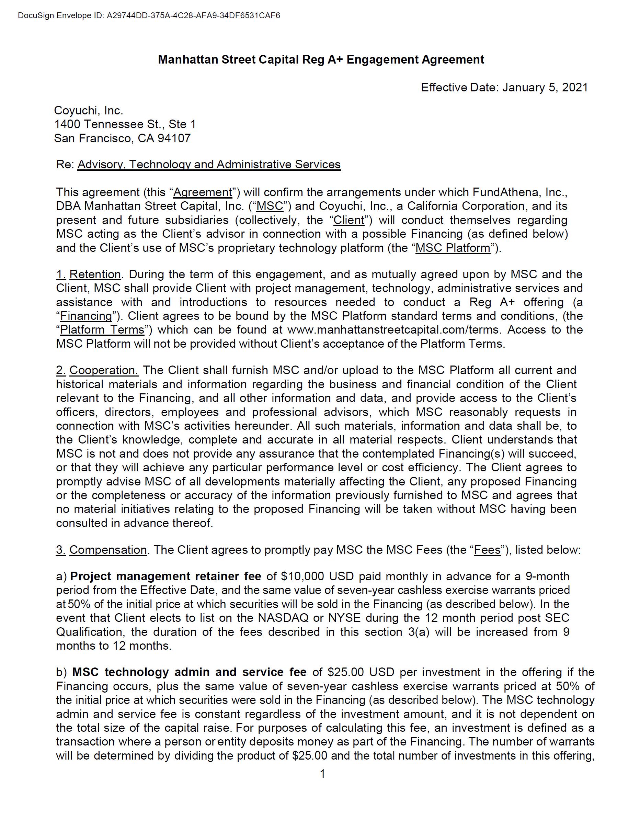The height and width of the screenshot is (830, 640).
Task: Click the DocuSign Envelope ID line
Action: tap(149, 15)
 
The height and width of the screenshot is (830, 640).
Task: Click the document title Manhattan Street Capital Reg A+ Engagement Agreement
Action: tap(321, 60)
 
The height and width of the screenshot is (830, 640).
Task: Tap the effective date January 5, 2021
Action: tap(545, 87)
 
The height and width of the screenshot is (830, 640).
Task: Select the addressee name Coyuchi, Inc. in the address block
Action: tap(89, 111)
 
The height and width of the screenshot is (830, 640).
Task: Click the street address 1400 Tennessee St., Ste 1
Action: tap(125, 124)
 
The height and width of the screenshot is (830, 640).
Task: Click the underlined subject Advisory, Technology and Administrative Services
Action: tap(209, 165)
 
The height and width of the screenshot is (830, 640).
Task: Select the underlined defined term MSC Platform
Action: tap(453, 248)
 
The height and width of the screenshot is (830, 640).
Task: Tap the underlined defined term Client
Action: tap(349, 221)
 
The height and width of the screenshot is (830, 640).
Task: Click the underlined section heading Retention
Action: tap(95, 274)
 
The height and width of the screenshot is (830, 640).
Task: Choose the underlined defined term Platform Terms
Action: tap(102, 329)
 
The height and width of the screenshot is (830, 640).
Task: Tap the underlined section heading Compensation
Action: tap(108, 550)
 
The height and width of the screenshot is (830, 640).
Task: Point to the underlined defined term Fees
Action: tap(487, 550)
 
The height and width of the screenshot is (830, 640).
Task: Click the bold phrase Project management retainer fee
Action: tap(165, 576)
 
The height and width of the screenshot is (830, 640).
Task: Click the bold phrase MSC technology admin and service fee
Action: tap(189, 672)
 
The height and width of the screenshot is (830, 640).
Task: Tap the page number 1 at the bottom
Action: tap(322, 774)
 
